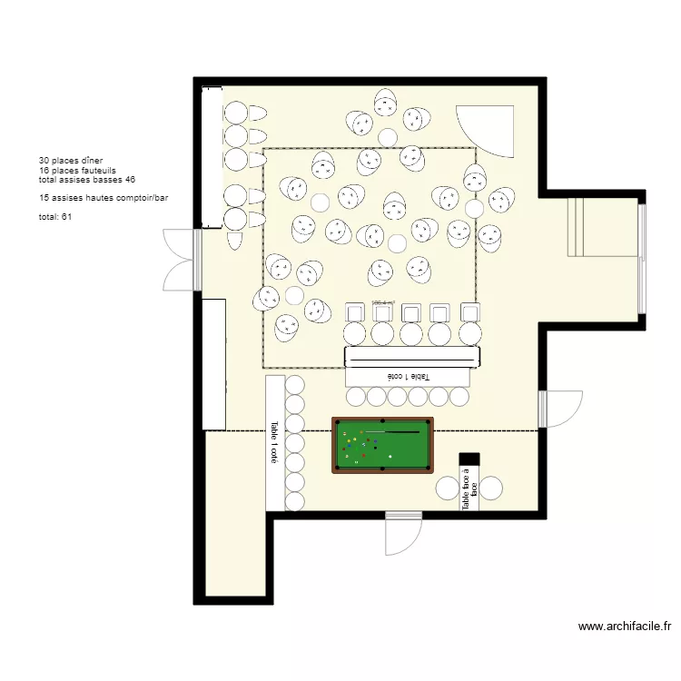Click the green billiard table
click(382, 445)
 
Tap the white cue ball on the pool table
click(390, 456)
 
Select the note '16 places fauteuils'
click(77, 170)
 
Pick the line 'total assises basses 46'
click(87, 180)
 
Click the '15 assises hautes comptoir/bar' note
click(104, 197)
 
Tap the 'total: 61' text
click(55, 217)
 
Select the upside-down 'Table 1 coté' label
click(410, 376)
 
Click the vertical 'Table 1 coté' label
click(273, 442)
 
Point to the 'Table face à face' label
click(469, 489)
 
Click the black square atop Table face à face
click(469, 459)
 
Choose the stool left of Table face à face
click(447, 488)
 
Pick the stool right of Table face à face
click(491, 488)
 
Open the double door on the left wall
click(179, 260)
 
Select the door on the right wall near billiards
click(560, 409)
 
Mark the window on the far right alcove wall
click(641, 259)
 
